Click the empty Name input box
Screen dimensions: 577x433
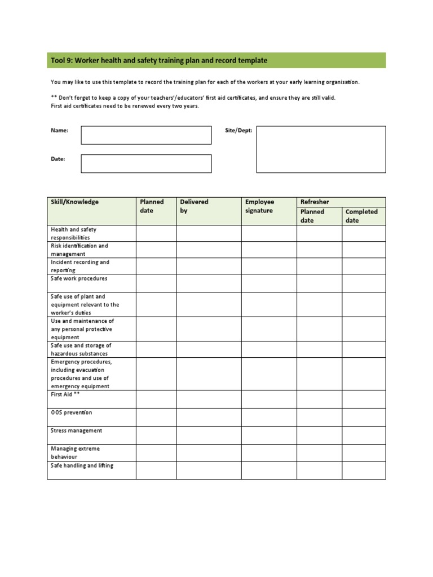click(146, 135)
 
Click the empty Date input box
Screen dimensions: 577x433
click(146, 163)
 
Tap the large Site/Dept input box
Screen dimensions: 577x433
click(321, 149)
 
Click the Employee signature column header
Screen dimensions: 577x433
click(259, 206)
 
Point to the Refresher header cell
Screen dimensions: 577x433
click(315, 202)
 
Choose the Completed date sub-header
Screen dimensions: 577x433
click(361, 216)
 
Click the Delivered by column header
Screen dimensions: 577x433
click(194, 206)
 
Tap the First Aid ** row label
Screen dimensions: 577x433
click(65, 395)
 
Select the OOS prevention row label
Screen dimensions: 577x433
click(72, 413)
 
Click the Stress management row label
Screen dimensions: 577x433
click(77, 431)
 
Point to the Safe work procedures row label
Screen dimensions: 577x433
click(79, 279)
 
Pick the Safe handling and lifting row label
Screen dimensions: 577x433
click(82, 466)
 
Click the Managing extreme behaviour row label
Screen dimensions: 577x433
click(76, 452)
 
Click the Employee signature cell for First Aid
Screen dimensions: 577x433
click(269, 399)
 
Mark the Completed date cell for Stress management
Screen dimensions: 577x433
click(364, 435)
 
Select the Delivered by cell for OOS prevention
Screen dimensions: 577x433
click(209, 417)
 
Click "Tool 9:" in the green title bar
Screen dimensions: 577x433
click(61, 60)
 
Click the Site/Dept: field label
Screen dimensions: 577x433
click(238, 130)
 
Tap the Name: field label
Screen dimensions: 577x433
click(60, 130)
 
